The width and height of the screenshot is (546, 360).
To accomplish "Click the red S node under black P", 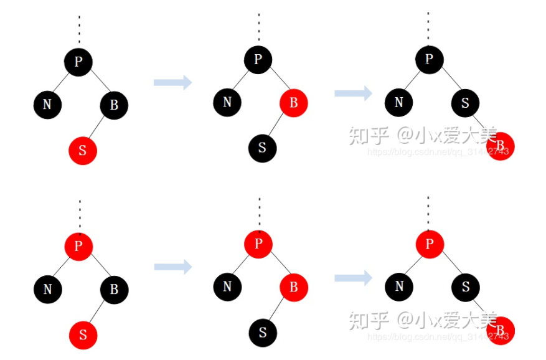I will click(x=83, y=151).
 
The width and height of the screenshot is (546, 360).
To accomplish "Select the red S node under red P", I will click(x=83, y=335).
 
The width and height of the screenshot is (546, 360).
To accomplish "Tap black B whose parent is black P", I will click(x=114, y=105).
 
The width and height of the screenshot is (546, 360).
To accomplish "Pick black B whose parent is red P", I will click(x=114, y=290).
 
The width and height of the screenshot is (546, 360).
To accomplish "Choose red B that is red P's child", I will click(x=294, y=287).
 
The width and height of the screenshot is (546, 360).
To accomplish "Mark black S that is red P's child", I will click(x=465, y=287).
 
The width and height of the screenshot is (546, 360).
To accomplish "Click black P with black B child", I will click(x=78, y=61).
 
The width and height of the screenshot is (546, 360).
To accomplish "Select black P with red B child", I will click(x=258, y=60).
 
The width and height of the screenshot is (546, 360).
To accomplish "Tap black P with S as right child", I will click(x=429, y=60).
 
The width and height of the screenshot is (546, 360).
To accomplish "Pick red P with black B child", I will click(x=78, y=246).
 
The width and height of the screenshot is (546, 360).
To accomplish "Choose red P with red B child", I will click(x=258, y=244).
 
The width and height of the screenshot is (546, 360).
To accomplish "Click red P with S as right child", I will click(x=429, y=244).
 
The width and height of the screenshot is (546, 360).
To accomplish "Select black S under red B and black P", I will click(x=262, y=148).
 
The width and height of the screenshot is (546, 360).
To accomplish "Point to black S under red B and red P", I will click(x=262, y=333).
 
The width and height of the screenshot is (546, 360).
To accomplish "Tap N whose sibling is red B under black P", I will click(x=227, y=102).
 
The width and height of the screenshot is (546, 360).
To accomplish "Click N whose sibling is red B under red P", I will click(x=227, y=287).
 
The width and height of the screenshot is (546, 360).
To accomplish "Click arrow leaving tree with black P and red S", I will click(x=172, y=83).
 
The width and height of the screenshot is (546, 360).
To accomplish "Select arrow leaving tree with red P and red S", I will click(x=172, y=267).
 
